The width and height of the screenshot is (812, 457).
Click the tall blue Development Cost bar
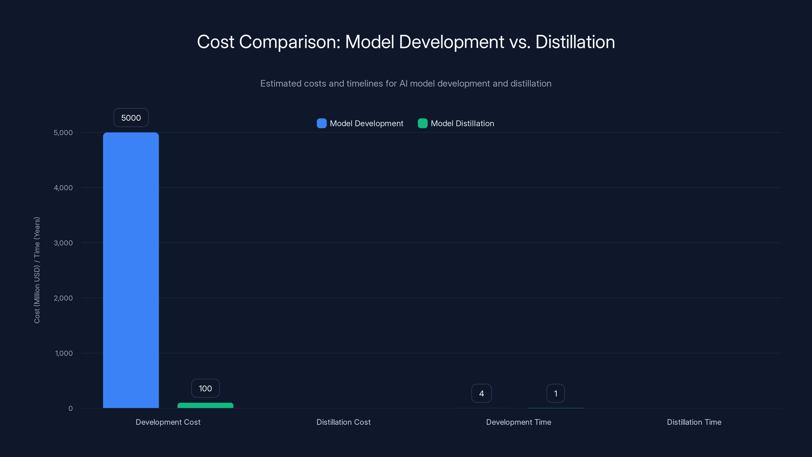click(x=131, y=270)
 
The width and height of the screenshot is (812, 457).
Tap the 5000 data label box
click(x=131, y=118)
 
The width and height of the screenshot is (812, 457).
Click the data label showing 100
click(x=205, y=388)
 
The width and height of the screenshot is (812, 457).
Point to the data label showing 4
click(x=481, y=393)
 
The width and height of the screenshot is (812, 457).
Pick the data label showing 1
click(x=555, y=393)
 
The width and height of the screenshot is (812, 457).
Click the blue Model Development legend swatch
click(x=322, y=123)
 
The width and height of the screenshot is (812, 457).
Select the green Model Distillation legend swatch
click(x=422, y=123)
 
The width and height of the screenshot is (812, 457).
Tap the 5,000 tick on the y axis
click(x=63, y=133)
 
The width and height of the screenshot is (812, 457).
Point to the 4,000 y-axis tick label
click(x=63, y=188)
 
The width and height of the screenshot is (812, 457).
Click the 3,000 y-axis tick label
click(x=63, y=243)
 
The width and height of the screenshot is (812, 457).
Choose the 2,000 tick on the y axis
click(x=63, y=298)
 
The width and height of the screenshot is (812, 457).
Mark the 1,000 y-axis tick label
click(x=64, y=353)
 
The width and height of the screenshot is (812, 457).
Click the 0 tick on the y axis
click(x=70, y=409)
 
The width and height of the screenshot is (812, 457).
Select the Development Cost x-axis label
click(x=168, y=422)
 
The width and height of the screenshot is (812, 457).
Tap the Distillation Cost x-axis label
click(x=343, y=422)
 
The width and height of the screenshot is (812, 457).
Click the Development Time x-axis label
click(x=518, y=422)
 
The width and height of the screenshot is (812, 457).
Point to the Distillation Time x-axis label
click(x=694, y=422)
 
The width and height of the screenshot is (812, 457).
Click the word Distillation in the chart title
click(x=575, y=42)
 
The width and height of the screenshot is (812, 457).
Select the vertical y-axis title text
click(x=37, y=270)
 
